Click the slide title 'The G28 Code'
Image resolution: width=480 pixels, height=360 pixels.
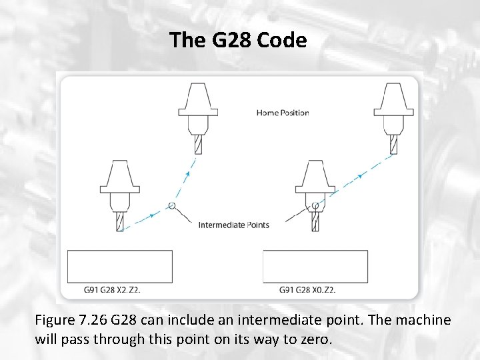(238, 40)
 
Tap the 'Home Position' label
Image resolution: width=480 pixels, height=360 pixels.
(283, 113)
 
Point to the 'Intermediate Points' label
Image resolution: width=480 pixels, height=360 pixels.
(234, 225)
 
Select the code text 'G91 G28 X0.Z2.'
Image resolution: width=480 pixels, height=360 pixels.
(307, 290)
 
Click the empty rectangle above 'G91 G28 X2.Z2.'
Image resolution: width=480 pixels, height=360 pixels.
(120, 267)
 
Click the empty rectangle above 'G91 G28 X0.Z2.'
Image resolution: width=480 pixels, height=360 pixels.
(315, 267)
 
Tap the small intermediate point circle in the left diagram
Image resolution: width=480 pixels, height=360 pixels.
(172, 206)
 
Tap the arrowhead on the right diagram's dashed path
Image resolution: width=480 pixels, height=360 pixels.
(360, 175)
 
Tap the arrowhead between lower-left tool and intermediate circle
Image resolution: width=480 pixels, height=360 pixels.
(153, 215)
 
